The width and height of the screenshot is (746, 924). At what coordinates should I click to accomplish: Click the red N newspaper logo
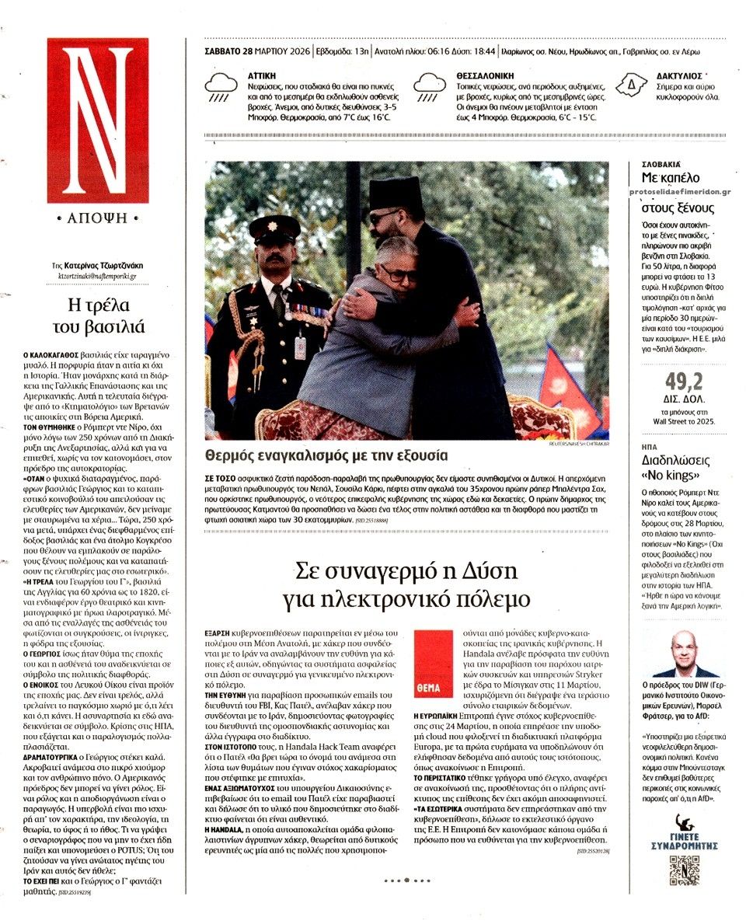(x=97, y=120)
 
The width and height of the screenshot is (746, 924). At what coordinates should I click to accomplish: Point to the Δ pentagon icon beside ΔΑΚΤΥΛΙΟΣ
(x=632, y=82)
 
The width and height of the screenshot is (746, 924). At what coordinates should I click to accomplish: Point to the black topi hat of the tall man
(x=396, y=194)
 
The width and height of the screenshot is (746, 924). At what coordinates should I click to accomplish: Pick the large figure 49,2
(x=684, y=381)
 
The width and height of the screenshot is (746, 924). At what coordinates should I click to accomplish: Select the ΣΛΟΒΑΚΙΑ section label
(x=661, y=166)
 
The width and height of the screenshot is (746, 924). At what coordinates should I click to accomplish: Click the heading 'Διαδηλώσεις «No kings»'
(x=675, y=466)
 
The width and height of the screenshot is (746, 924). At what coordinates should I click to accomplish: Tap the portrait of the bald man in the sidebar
(x=684, y=654)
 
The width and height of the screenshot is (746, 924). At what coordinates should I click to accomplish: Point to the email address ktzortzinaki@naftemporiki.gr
(x=97, y=276)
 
